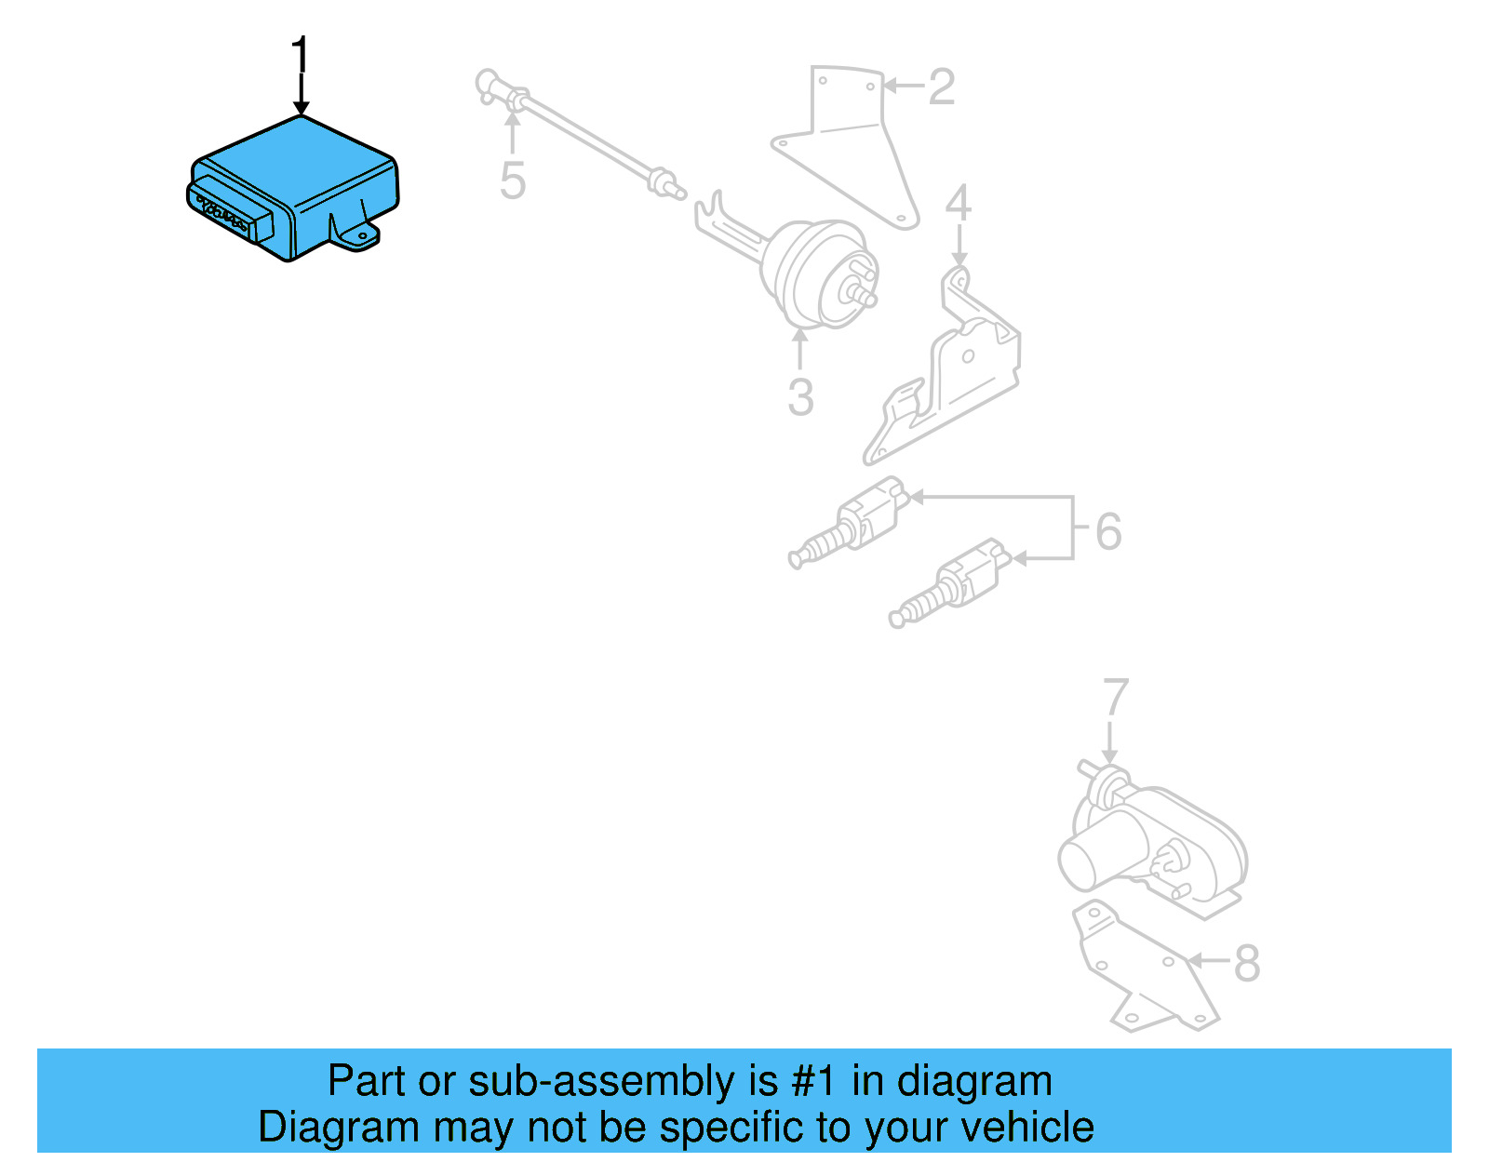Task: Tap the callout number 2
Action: (941, 87)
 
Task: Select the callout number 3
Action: (800, 397)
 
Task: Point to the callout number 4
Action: (958, 204)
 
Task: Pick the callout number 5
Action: (513, 180)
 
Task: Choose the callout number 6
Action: (1108, 531)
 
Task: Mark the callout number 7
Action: (1115, 700)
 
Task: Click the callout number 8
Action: (1247, 964)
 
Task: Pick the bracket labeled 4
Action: (959, 372)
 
